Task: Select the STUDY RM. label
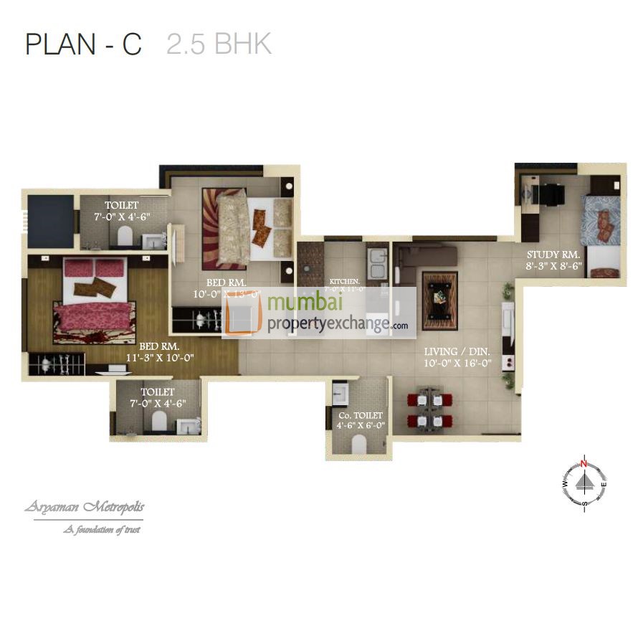pos(553,255)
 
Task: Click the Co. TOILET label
pos(361,414)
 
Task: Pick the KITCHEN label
pos(344,281)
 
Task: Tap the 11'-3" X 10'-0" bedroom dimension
pos(160,357)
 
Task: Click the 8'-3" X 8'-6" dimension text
pos(553,265)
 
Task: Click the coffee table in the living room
pos(439,300)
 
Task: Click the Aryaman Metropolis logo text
pos(85,508)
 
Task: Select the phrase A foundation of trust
pos(100,530)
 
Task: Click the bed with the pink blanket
pos(95,301)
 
